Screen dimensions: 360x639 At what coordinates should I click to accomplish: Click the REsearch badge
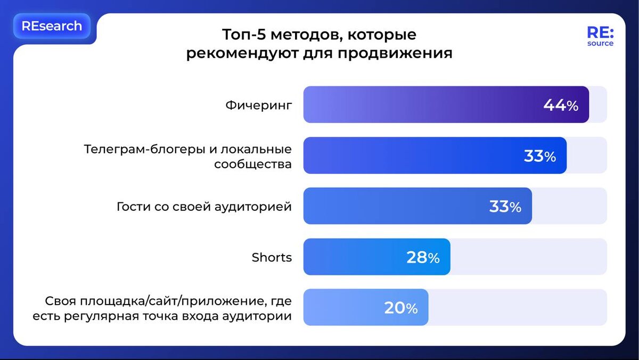pos(52,26)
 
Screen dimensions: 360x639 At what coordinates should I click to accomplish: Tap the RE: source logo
pos(600,36)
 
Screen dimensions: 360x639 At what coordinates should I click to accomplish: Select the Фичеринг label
pos(259,105)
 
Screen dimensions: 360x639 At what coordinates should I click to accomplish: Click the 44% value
pos(560,105)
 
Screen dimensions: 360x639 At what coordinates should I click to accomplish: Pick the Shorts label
pos(272,258)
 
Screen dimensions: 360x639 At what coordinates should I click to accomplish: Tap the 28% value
pos(423,258)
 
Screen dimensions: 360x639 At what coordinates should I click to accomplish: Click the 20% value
pos(400,308)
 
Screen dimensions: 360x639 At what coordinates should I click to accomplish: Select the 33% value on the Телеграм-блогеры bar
pos(539,156)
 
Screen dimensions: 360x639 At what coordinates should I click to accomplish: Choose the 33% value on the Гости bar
pos(505,207)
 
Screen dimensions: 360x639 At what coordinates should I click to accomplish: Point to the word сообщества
pos(253,164)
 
